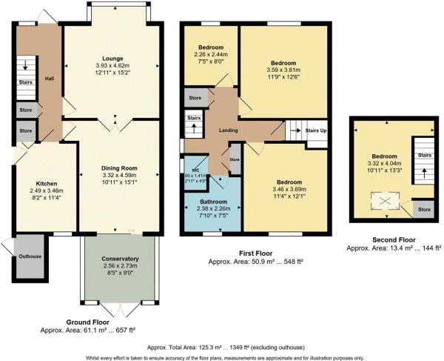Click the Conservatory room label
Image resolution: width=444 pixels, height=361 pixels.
120,259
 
